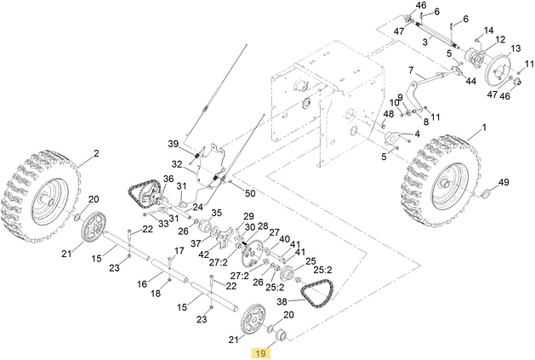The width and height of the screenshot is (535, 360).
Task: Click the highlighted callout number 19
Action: (x=261, y=351)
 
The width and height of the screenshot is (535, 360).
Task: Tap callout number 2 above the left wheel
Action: (x=96, y=153)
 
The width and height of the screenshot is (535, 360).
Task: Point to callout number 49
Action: (x=504, y=183)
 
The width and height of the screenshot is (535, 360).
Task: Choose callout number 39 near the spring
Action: (x=172, y=143)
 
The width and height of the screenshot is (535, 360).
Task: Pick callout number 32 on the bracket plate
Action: (x=177, y=163)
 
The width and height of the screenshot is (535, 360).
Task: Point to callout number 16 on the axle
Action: (x=142, y=285)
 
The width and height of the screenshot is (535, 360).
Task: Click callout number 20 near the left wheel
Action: (x=94, y=199)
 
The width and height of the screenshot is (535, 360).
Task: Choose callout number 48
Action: (x=389, y=114)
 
